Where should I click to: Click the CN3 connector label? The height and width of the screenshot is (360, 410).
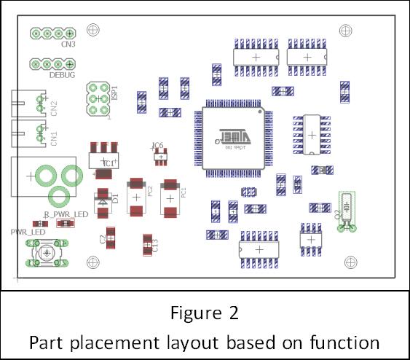tap(68, 44)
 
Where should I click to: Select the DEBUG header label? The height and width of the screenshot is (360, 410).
tap(61, 75)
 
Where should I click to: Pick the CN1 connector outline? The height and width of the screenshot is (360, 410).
tap(29, 134)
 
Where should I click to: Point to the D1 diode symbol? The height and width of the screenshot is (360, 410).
tap(103, 197)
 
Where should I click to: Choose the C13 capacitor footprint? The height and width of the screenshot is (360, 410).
tap(147, 243)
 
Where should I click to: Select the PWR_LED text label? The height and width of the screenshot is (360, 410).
tap(28, 231)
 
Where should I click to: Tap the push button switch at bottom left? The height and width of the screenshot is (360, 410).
tap(47, 253)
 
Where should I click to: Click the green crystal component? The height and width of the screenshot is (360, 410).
tap(348, 210)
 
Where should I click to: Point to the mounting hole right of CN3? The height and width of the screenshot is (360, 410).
tap(92, 30)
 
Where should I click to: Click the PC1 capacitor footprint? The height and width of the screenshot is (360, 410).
tap(169, 197)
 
